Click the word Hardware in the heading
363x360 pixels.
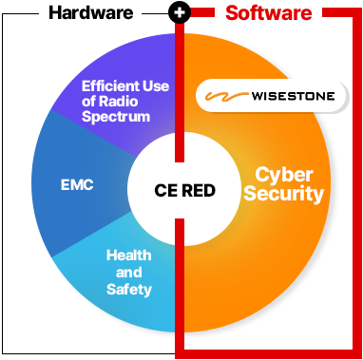[x=91, y=12]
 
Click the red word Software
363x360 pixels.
[x=269, y=13]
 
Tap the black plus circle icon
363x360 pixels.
[x=180, y=12]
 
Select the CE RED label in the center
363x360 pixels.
[x=185, y=190]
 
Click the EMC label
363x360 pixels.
[x=77, y=185]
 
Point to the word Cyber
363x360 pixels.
[x=284, y=175]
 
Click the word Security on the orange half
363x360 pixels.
[x=284, y=194]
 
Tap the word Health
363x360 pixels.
[x=129, y=256]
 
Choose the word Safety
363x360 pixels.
[x=129, y=290]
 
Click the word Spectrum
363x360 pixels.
[x=116, y=117]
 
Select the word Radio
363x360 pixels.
[x=118, y=102]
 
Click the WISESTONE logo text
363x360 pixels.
[x=293, y=96]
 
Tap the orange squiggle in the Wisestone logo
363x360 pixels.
[x=226, y=96]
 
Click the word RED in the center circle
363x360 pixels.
[x=199, y=190]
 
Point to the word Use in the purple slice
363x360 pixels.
[x=156, y=86]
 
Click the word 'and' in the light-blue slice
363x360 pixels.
[x=129, y=273]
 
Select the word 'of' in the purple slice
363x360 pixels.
[x=89, y=102]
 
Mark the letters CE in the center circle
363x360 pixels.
[x=166, y=190]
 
